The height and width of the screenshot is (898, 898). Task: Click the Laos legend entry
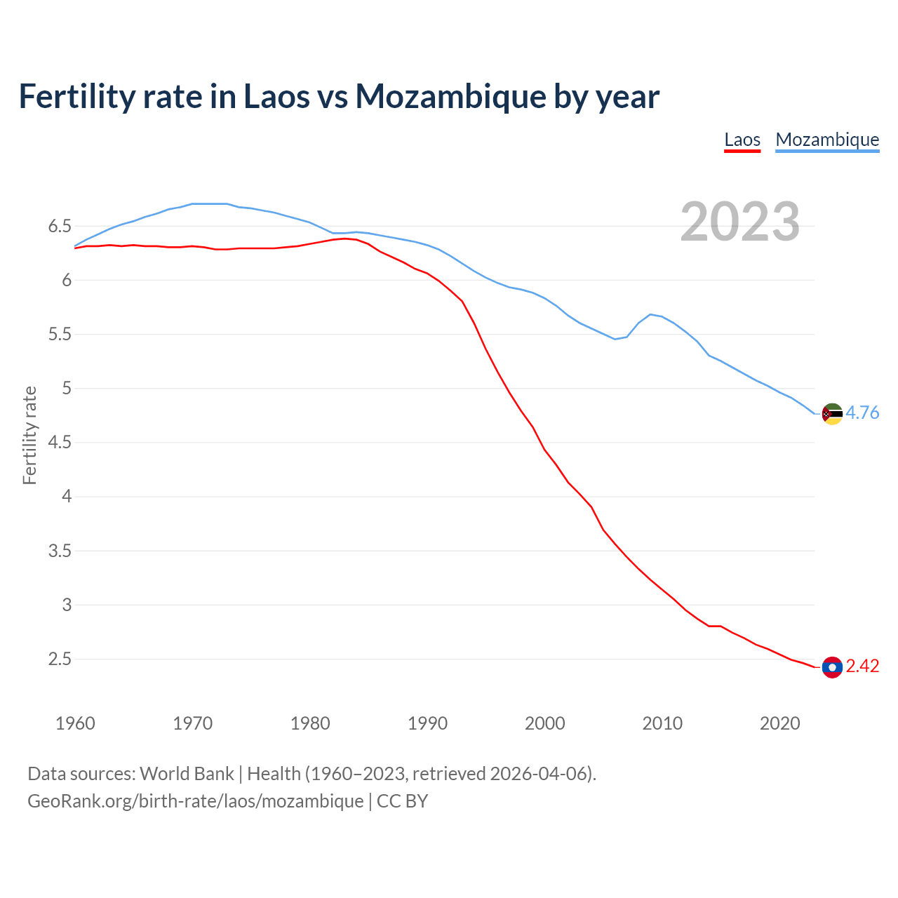[x=742, y=140]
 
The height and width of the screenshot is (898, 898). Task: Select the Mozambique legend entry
[x=827, y=140]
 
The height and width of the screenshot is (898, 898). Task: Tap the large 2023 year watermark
[x=740, y=222]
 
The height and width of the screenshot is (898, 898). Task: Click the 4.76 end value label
[x=862, y=413]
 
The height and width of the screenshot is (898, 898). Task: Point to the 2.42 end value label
[x=862, y=666]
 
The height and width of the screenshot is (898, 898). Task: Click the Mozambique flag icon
[x=832, y=414]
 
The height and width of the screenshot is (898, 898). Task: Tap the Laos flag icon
[x=832, y=667]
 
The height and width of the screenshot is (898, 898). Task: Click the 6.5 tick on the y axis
[x=60, y=226]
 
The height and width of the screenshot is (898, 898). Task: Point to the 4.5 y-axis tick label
[x=60, y=442]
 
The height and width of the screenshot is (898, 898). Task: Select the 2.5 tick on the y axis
[x=60, y=659]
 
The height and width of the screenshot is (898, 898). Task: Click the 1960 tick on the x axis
[x=75, y=723]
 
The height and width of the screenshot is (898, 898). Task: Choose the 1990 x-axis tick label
[x=427, y=723]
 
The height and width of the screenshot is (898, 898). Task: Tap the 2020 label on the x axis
[x=779, y=723]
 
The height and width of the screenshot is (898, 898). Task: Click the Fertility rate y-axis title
[x=29, y=435]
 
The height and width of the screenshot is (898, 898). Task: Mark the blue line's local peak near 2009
[x=650, y=314]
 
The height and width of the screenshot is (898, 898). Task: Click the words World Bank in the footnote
[x=187, y=773]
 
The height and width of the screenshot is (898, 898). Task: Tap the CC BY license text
[x=403, y=801]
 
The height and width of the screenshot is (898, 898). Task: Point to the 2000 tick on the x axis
[x=544, y=723]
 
